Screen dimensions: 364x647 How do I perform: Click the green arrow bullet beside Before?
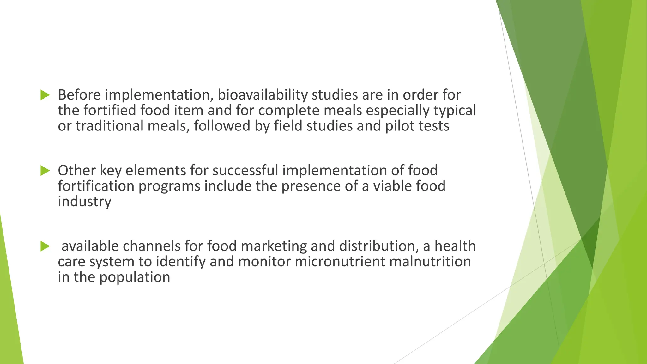click(x=45, y=95)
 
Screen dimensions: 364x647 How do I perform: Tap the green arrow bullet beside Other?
click(x=45, y=171)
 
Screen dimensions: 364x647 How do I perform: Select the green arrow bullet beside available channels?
click(x=45, y=246)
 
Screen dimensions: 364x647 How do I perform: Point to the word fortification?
click(x=96, y=186)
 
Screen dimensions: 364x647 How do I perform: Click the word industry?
click(x=84, y=201)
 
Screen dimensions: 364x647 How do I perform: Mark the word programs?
click(x=169, y=186)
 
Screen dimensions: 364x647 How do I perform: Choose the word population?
click(x=135, y=277)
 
